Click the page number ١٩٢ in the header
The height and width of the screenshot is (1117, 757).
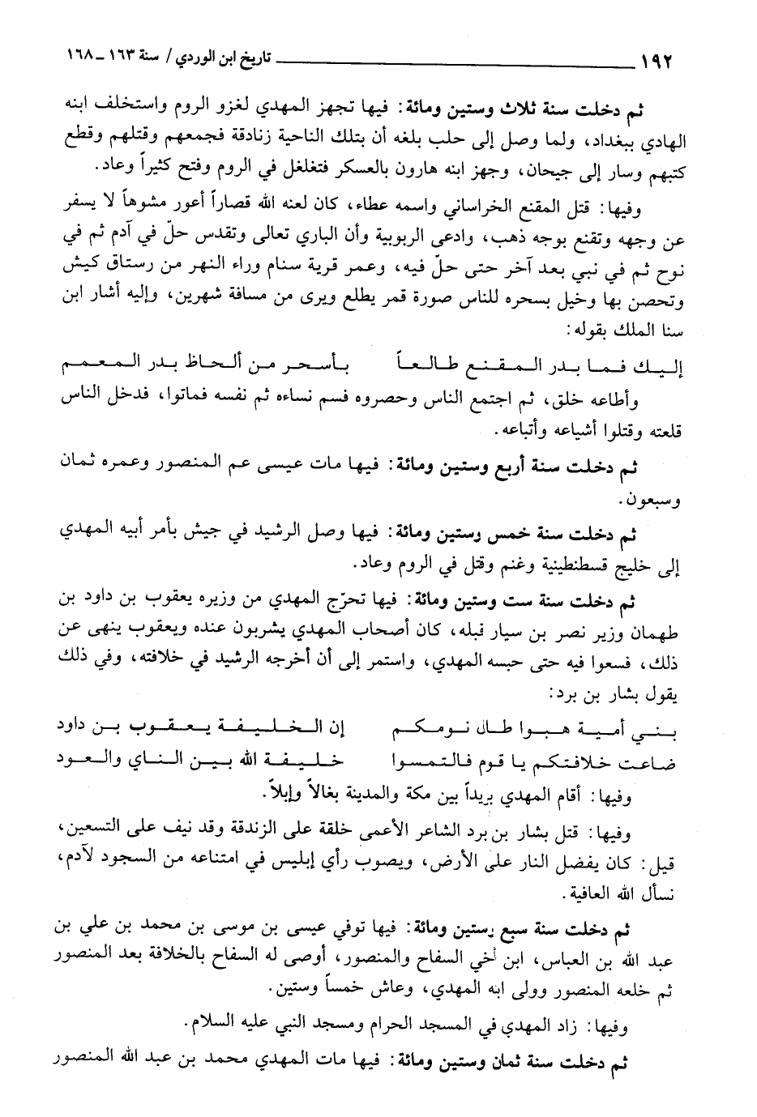pyautogui.click(x=658, y=61)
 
